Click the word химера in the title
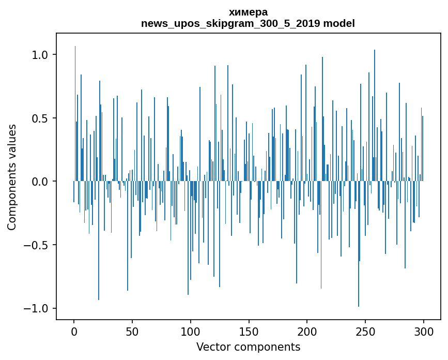point(248,12)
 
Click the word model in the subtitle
point(339,23)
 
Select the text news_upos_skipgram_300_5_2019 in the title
point(230,24)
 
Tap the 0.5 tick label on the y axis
point(41,118)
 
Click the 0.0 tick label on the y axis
point(41,181)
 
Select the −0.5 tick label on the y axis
point(37,245)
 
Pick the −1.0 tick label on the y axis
point(37,308)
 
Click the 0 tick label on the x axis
point(74,332)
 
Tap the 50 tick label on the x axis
point(132,332)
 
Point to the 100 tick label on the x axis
point(190,332)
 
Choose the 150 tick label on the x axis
point(249,332)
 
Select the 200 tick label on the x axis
point(307,332)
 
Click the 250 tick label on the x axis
point(365,332)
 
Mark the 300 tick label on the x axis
point(423,332)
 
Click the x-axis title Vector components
point(248,347)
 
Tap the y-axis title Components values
point(12,177)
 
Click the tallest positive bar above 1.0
point(75,113)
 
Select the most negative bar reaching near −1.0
point(359,244)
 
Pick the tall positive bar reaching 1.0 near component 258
point(375,115)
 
